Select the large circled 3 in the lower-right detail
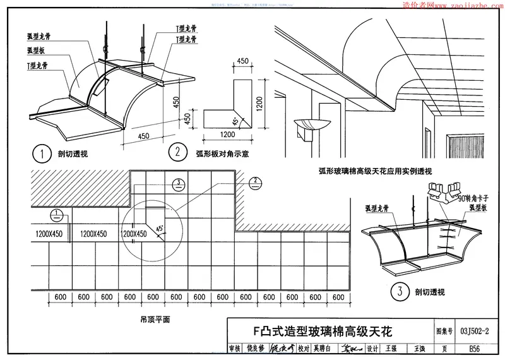(x=398, y=292)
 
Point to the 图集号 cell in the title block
(x=444, y=330)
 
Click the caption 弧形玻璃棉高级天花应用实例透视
(x=366, y=171)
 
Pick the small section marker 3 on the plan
(x=178, y=183)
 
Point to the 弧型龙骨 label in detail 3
(x=377, y=207)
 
